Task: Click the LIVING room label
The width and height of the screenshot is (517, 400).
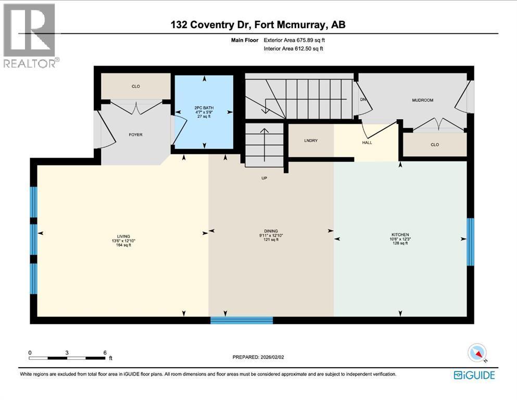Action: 123,236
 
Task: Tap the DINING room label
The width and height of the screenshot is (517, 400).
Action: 271,231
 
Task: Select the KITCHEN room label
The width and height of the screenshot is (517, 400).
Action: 400,235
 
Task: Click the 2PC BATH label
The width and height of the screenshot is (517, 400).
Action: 204,108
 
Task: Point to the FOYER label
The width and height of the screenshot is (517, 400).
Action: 135,134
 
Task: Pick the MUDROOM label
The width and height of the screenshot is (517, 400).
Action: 423,100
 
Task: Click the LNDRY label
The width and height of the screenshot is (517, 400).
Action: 311,141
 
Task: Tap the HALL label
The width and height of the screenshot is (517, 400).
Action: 367,143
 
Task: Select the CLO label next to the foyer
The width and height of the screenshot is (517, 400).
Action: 136,86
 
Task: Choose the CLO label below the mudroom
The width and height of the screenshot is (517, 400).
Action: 435,144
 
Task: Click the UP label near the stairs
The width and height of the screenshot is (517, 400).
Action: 264,178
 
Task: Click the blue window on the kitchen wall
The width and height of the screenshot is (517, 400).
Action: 471,242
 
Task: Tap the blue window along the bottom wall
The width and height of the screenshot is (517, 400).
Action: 242,320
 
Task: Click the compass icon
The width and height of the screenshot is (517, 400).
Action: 477,353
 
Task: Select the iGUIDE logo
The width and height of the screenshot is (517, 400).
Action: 474,375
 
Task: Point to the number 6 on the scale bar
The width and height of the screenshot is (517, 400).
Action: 105,353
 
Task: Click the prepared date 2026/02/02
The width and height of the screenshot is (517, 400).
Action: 272,357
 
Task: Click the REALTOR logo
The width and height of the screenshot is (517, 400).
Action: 30,35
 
